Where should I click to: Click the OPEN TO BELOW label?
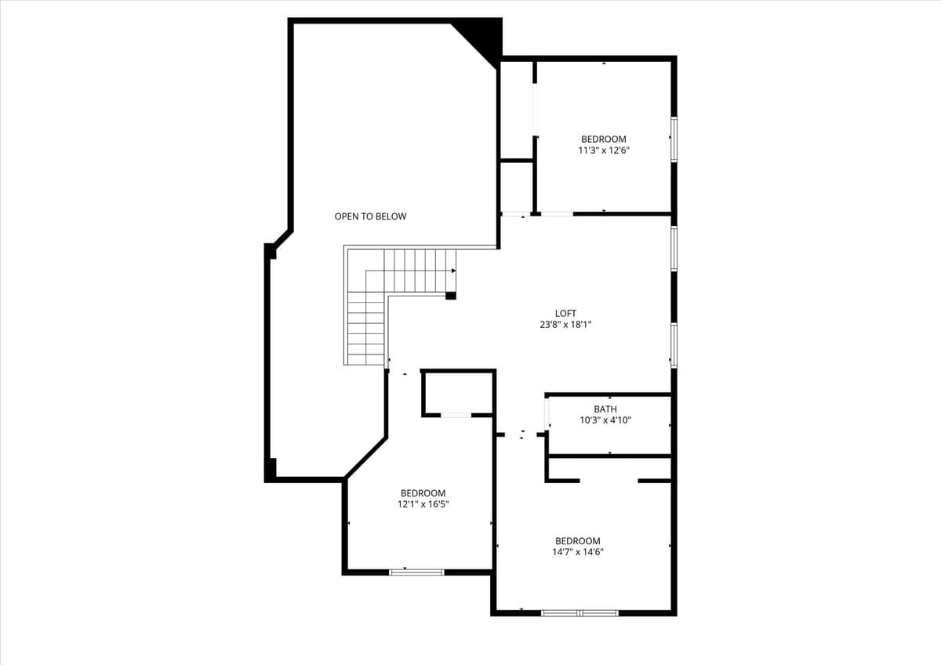370,216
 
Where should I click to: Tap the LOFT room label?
565,314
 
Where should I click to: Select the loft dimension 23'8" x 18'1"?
565,324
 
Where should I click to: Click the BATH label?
605,409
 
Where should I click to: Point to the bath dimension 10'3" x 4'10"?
605,420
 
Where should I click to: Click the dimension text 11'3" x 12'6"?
603,151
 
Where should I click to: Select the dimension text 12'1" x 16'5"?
423,504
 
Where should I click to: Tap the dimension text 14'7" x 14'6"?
577,552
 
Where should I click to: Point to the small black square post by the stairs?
450,296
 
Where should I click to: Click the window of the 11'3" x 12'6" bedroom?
674,140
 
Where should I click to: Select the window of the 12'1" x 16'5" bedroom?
416,572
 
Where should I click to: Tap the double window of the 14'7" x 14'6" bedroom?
579,612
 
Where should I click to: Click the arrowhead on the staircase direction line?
453,271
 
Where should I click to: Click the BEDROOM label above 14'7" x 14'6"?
577,541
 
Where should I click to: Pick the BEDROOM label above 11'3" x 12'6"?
603,140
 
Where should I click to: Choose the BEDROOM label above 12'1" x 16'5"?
423,493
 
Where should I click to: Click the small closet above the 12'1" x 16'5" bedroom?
458,391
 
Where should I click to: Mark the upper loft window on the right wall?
674,249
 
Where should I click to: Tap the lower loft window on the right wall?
674,345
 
